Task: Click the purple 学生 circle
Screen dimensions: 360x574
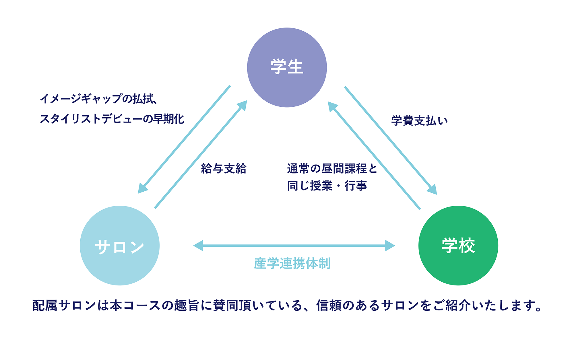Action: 287,67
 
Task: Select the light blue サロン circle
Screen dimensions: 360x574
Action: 119,246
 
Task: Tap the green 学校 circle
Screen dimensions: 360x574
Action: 458,246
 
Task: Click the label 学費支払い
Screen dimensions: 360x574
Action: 419,120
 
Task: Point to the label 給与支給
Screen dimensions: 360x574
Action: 224,168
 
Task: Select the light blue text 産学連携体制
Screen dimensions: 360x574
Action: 292,263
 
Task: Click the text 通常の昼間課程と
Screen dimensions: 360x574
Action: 332,168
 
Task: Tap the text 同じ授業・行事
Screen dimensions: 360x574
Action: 327,186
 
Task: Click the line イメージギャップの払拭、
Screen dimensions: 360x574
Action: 98,99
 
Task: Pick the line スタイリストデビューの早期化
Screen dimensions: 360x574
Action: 112,119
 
